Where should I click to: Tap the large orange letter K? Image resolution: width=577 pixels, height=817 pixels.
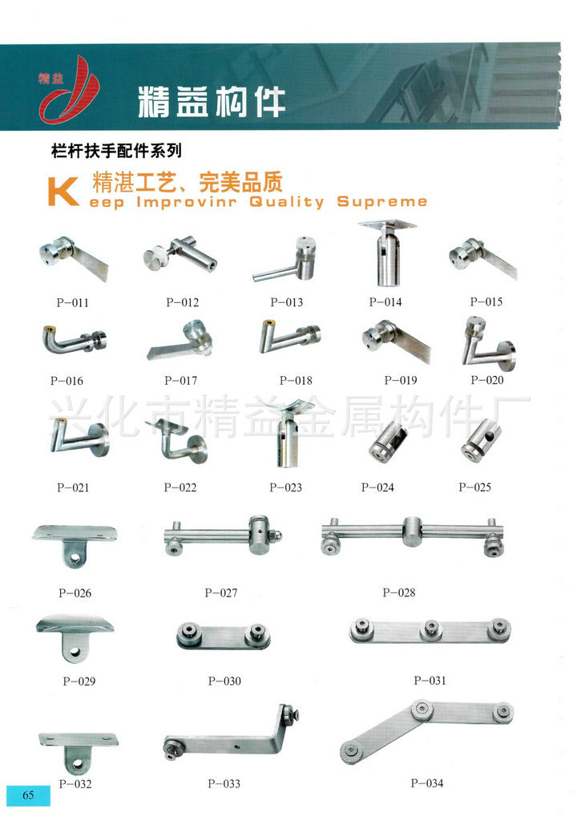(x=63, y=192)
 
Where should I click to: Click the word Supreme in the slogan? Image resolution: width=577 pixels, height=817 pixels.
(x=382, y=202)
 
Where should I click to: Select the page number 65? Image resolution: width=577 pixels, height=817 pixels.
(x=28, y=795)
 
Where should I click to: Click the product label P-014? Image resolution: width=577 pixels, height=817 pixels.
(x=385, y=302)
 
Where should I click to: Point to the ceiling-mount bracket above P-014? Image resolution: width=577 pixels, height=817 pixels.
(x=387, y=253)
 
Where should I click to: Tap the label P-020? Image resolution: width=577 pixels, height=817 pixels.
(x=487, y=380)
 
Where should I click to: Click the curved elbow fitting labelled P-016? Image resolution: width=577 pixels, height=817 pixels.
(x=74, y=339)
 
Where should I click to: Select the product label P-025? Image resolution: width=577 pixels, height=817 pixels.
(x=474, y=487)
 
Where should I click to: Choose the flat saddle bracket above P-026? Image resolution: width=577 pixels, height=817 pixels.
(x=75, y=544)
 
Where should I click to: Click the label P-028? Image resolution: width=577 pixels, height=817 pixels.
(x=399, y=593)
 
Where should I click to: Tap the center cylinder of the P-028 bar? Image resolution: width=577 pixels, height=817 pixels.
(x=412, y=532)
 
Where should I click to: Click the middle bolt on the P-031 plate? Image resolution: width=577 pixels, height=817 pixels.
(x=431, y=629)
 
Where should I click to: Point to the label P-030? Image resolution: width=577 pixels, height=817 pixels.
(x=224, y=681)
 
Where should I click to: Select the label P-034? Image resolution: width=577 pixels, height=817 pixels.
(x=427, y=783)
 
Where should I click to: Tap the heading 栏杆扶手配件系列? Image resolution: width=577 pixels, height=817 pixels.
(x=117, y=151)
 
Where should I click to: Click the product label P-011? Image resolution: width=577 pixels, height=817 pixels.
(x=72, y=303)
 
